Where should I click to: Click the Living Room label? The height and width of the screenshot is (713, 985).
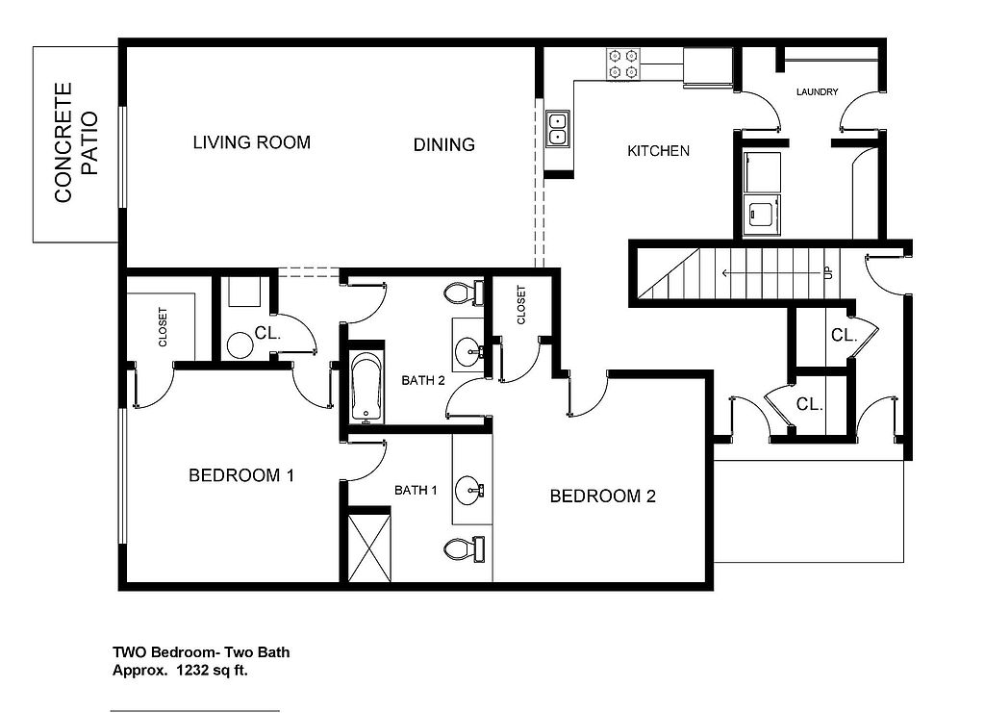point(251,142)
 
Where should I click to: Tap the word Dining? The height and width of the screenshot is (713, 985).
point(443,145)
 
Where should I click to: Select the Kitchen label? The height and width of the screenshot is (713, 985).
point(658,151)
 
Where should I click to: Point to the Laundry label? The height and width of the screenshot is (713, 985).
point(817,91)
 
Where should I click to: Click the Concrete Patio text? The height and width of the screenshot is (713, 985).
point(76,142)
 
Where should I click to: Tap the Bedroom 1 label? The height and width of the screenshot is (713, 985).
point(241,475)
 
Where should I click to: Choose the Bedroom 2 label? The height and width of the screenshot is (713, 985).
point(602,497)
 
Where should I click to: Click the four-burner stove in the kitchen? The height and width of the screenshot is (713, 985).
point(622,64)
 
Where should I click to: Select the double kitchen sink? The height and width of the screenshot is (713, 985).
point(557,129)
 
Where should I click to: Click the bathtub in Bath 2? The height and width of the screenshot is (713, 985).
point(366,388)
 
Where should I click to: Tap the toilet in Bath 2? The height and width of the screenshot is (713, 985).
point(464,293)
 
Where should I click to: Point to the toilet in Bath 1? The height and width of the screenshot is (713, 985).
point(464,548)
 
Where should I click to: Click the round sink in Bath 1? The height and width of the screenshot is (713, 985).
point(468,490)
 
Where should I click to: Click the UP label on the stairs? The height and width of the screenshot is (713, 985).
point(828,272)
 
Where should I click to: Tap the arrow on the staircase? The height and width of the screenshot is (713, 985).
point(772,273)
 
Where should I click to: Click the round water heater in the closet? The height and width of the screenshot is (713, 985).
point(240,345)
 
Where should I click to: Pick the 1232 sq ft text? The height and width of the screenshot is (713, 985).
point(213,671)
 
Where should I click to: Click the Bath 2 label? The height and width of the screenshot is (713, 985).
point(423,381)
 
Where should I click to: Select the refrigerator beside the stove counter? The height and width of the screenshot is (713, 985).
point(708,66)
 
